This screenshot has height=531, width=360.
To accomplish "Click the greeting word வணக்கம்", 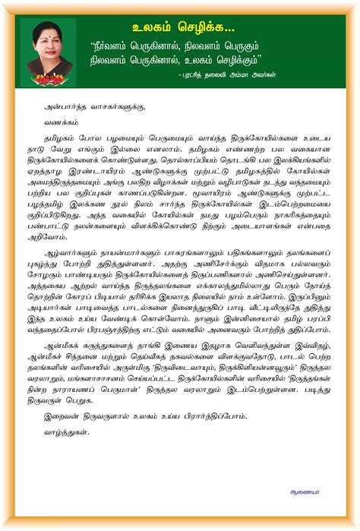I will pyautogui.click(x=62, y=124).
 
